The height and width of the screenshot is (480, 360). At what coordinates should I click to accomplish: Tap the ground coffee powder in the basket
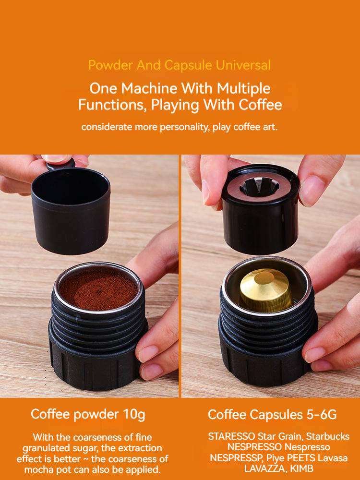point(98,290)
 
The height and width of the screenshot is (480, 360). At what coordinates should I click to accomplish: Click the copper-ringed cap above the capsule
point(261,206)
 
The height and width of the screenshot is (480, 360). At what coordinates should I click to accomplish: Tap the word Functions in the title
point(112,105)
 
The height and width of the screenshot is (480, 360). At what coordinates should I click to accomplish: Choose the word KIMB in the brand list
point(304,468)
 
